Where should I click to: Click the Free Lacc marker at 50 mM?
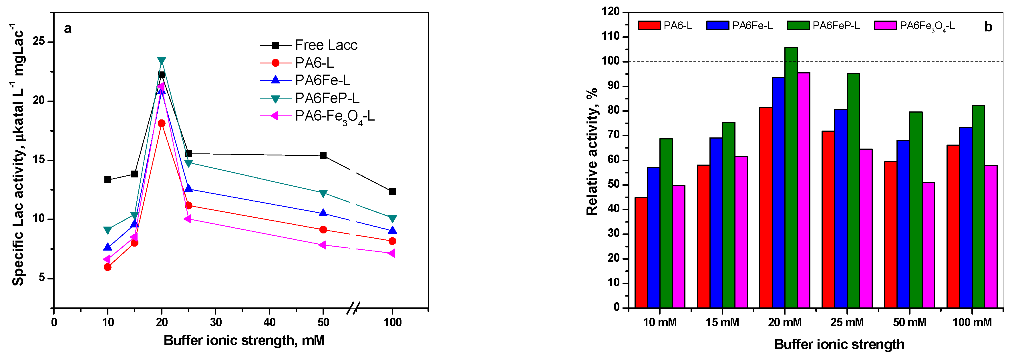click(323, 156)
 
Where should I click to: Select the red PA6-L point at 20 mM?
click(161, 123)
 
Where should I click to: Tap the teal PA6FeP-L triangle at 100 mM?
click(392, 219)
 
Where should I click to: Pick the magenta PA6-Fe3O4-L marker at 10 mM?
click(107, 259)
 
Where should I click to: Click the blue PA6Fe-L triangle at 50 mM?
click(323, 213)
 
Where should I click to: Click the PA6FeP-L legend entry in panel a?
click(309, 98)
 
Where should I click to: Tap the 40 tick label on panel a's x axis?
click(269, 323)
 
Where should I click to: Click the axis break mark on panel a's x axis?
click(353, 308)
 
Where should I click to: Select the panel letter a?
click(68, 29)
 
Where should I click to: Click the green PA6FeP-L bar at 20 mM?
click(791, 177)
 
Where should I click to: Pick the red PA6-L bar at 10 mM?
click(641, 253)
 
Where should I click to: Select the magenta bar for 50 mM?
click(928, 245)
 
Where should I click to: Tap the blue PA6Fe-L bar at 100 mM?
click(966, 218)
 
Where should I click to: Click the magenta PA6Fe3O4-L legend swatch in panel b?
click(885, 26)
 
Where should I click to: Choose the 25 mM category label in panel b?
click(847, 323)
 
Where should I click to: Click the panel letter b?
click(988, 27)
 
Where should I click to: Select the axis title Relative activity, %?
click(592, 151)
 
